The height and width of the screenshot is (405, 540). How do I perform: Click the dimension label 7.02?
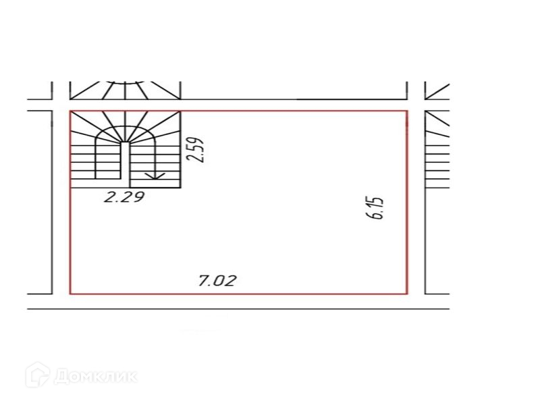[217, 281]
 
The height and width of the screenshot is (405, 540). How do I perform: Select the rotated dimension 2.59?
[195, 150]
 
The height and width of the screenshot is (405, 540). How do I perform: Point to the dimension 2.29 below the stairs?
[124, 197]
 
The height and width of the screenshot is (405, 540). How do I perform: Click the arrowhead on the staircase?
[155, 175]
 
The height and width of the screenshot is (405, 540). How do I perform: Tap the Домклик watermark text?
[95, 376]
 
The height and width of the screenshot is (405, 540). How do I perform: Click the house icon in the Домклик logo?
[37, 375]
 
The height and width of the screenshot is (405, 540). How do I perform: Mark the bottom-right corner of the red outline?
[408, 294]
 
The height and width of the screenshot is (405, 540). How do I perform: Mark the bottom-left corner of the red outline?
[70, 294]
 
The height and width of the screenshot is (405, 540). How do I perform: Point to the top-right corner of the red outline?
[408, 111]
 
